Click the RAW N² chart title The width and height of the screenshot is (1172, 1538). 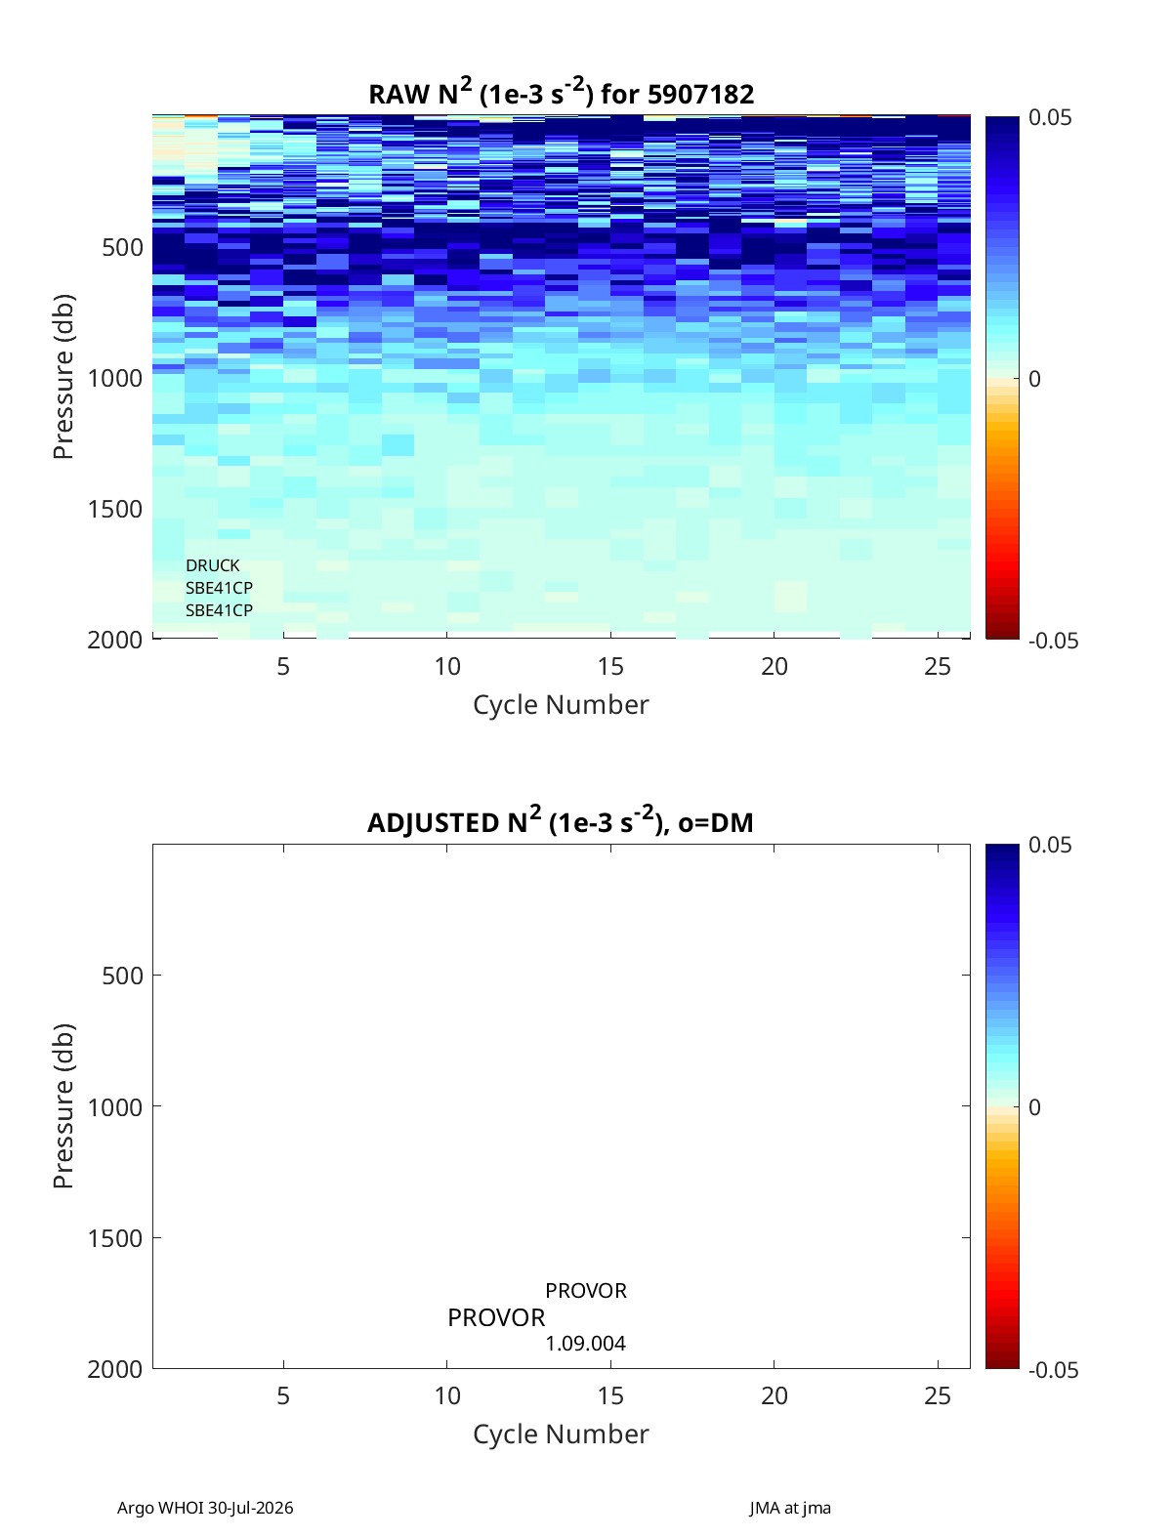pos(561,93)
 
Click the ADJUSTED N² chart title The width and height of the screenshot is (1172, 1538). pos(561,820)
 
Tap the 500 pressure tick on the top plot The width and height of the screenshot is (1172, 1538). pos(123,247)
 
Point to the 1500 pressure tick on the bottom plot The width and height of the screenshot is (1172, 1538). pos(115,1237)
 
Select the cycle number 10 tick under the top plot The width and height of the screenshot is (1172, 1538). pos(447,666)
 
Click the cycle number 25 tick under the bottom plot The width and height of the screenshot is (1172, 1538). pos(938,1395)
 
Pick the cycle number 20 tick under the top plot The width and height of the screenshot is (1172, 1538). pos(774,666)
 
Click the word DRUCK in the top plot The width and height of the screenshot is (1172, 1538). pos(212,565)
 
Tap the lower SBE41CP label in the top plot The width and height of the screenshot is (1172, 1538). pos(220,610)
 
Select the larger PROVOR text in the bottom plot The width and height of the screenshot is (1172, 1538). pos(496,1317)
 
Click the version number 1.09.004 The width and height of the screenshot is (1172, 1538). pos(586,1344)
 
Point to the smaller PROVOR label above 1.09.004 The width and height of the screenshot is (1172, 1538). pos(586,1290)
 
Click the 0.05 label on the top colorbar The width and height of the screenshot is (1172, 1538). pos(1049,117)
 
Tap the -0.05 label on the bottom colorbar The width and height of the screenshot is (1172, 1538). pos(1054,1369)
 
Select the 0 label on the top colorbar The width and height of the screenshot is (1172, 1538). pos(1034,379)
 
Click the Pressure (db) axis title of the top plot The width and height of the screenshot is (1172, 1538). pos(63,376)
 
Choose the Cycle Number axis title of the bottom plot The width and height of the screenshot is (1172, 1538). pos(561,1434)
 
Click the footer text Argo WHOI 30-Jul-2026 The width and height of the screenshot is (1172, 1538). pos(205,1508)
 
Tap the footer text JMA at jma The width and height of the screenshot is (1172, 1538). pos(789,1508)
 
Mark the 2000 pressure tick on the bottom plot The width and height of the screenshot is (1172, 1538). pos(115,1368)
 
